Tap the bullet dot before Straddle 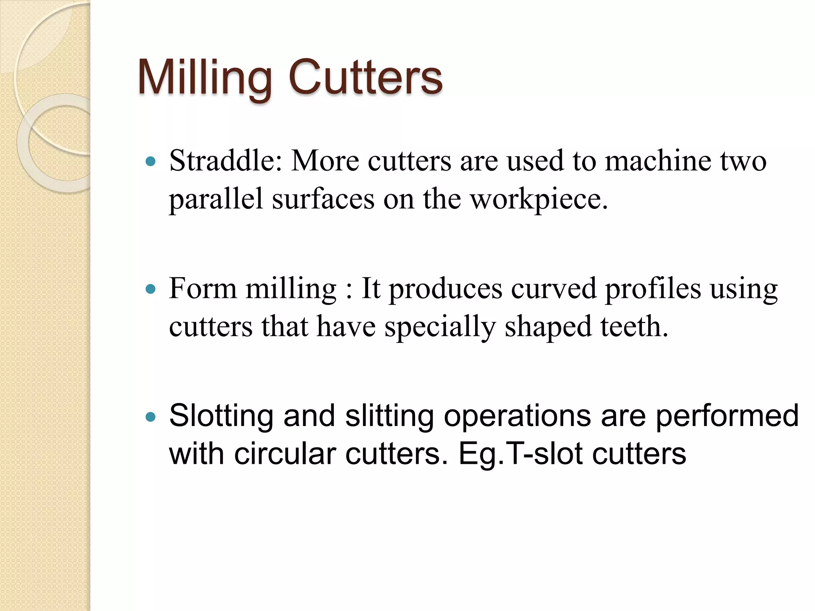[x=151, y=162]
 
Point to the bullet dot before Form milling [x=151, y=289]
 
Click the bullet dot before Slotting [x=151, y=417]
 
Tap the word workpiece [x=539, y=199]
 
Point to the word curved [x=554, y=288]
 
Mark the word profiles [x=653, y=289]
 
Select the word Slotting [x=221, y=416]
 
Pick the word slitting [x=389, y=416]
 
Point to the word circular [x=285, y=453]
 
